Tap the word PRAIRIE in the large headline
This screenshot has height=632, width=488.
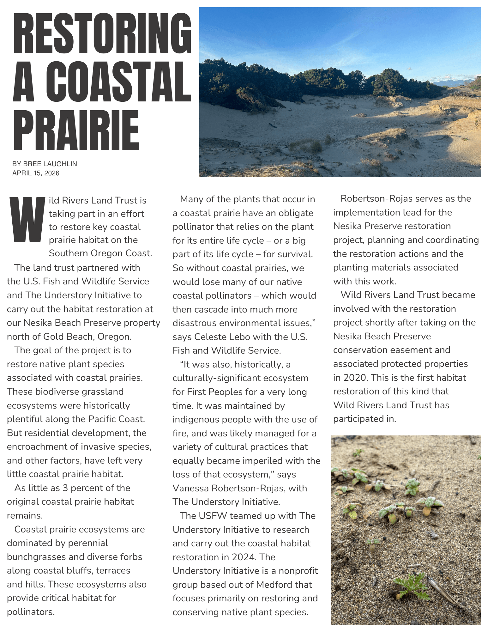click(76, 130)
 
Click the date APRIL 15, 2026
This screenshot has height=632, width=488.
click(36, 173)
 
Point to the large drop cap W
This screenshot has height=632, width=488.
click(27, 220)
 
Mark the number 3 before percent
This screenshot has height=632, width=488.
click(65, 488)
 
